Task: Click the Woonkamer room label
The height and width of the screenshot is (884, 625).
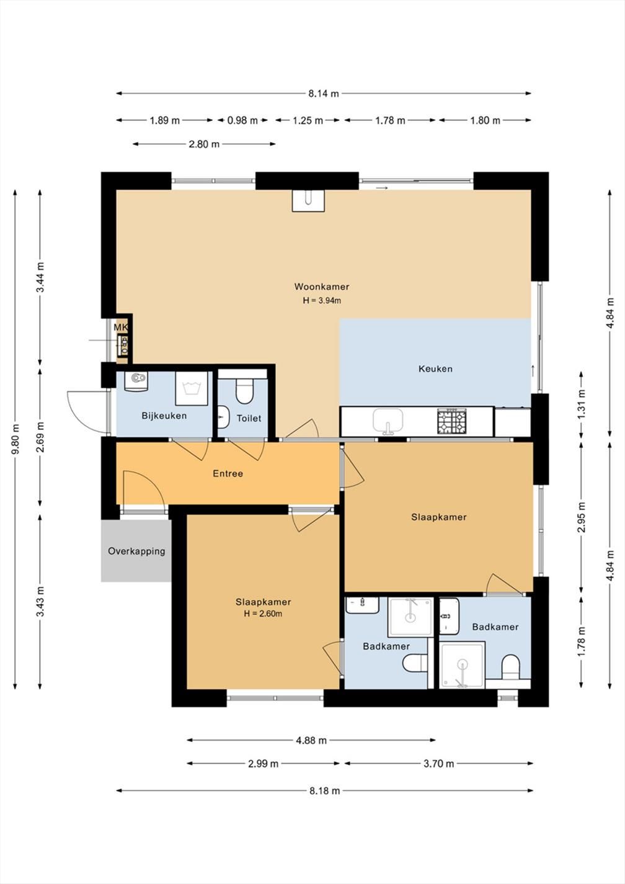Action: coord(322,287)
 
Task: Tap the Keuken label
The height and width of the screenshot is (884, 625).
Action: coord(435,368)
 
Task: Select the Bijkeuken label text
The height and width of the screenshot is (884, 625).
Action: coord(164,416)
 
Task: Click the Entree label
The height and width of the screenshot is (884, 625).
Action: coord(228,473)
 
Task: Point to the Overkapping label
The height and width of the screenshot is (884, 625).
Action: coord(136,551)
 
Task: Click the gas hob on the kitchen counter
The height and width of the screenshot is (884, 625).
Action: coord(451,421)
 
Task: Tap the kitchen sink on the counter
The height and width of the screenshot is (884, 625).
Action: coord(388,421)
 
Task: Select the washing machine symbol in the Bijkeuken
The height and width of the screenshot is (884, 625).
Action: coord(192,388)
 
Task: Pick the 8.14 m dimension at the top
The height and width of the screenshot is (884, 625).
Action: coord(323,94)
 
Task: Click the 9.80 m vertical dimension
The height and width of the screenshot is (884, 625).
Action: coord(16,439)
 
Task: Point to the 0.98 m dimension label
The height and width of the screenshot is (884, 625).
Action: coord(242,120)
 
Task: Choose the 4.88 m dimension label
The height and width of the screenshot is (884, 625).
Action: coord(311,740)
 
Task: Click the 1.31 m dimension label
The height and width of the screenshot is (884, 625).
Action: coord(581,404)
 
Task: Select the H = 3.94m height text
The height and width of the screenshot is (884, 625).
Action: coord(322,300)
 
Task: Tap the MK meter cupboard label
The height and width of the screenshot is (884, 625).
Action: coord(121,327)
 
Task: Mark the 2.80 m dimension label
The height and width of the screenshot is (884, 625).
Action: coord(204,145)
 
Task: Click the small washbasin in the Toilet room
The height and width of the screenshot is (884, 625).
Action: coord(224,417)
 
